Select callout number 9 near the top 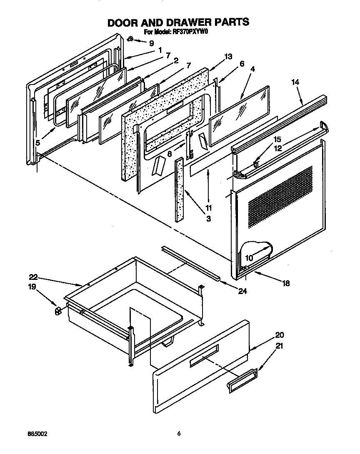pyautogui.click(x=151, y=43)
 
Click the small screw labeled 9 pyautogui.click(x=130, y=39)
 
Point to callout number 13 pyautogui.click(x=227, y=57)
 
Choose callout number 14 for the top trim pyautogui.click(x=295, y=83)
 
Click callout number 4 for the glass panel pyautogui.click(x=253, y=68)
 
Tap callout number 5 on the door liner pyautogui.click(x=37, y=143)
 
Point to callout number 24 pyautogui.click(x=242, y=291)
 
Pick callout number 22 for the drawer pyautogui.click(x=33, y=277)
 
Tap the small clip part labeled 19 pyautogui.click(x=58, y=311)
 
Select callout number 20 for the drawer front pyautogui.click(x=280, y=335)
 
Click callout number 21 pyautogui.click(x=280, y=346)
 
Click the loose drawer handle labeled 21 pyautogui.click(x=242, y=381)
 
